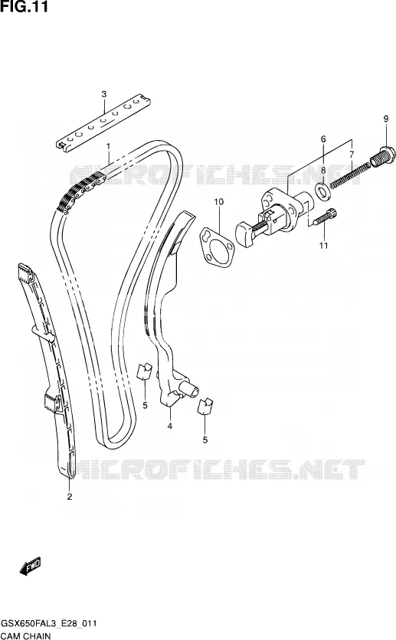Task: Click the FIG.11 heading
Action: click(x=25, y=7)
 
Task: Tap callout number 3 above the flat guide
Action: click(x=104, y=94)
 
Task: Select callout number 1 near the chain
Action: click(x=109, y=145)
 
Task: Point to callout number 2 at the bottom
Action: click(x=70, y=497)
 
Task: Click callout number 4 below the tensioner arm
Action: click(x=169, y=426)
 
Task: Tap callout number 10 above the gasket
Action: click(x=219, y=201)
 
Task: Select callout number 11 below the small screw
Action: click(x=324, y=245)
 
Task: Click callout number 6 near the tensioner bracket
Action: click(x=323, y=139)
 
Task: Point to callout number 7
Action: click(x=352, y=154)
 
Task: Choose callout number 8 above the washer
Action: click(x=323, y=170)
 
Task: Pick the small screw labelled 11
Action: click(x=324, y=217)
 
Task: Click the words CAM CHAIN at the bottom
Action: click(x=26, y=635)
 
